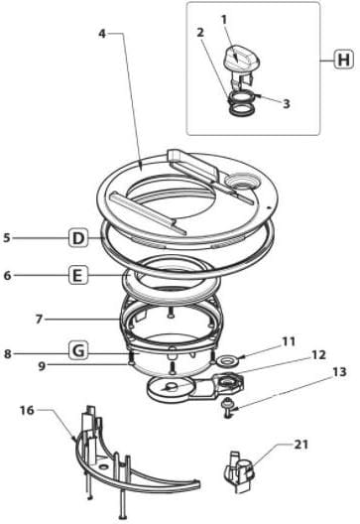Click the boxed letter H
343,61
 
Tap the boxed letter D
78,238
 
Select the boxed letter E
77,276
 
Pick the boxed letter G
78,351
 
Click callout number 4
102,34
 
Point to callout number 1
224,20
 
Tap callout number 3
286,103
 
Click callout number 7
39,320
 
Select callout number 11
289,341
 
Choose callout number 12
318,355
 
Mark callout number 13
339,372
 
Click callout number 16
27,410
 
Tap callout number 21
301,445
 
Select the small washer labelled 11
228,360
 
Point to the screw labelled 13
228,407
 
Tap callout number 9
42,366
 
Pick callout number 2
200,33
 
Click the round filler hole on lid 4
241,181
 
